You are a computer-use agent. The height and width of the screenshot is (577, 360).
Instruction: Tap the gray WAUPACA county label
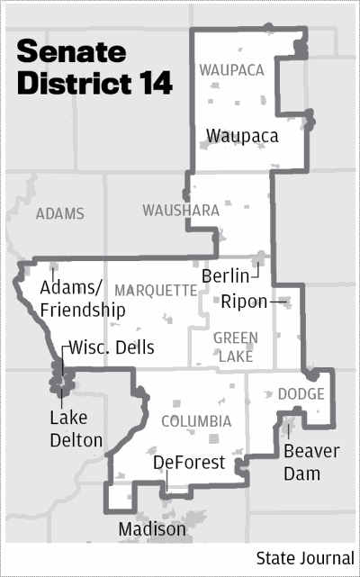[230, 68]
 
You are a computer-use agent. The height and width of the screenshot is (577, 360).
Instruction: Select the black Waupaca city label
[241, 136]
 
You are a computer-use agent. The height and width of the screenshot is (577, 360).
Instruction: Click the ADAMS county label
[60, 214]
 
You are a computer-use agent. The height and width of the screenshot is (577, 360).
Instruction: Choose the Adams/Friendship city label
[82, 299]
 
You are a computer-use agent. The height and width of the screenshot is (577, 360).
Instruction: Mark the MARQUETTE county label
[156, 290]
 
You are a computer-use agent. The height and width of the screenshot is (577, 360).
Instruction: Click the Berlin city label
[226, 275]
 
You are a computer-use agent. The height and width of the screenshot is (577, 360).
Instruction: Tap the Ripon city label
[244, 301]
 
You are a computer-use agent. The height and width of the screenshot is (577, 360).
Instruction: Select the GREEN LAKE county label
[236, 347]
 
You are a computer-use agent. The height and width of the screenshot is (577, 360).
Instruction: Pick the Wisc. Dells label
[112, 347]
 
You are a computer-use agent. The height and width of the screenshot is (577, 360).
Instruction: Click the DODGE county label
[295, 394]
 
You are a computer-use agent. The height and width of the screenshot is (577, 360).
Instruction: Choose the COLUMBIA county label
[195, 421]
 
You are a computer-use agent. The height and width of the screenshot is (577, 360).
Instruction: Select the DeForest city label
[184, 463]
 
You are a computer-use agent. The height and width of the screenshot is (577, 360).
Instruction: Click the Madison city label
[152, 530]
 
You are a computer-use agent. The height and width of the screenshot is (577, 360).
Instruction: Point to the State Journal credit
[305, 558]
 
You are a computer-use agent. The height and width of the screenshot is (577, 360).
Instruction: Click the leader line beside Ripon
[279, 301]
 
